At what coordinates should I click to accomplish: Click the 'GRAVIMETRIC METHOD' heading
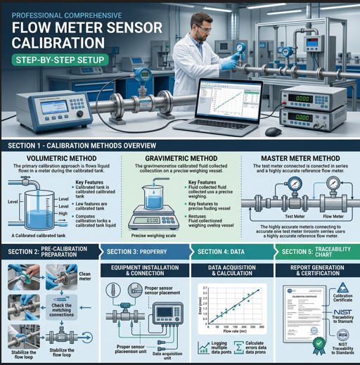point(180,159)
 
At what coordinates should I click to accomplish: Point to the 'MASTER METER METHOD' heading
point(300,159)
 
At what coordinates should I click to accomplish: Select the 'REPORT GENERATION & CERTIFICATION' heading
point(315,271)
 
